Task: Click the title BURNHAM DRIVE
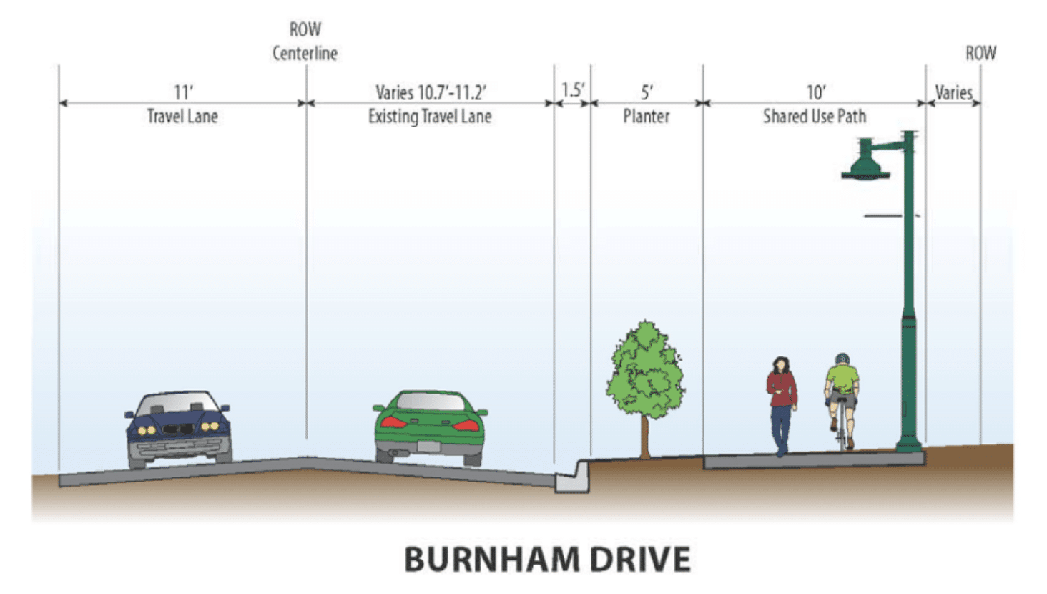(x=547, y=559)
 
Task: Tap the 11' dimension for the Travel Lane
(x=183, y=92)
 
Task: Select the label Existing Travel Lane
(x=430, y=117)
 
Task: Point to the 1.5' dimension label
(x=572, y=90)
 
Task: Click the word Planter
(x=646, y=117)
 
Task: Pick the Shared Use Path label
(x=814, y=117)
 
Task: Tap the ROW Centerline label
(x=305, y=42)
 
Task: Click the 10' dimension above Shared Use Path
(x=815, y=92)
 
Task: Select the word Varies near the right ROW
(x=953, y=92)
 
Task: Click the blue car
(x=179, y=428)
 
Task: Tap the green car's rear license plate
(x=428, y=447)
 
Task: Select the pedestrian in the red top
(x=781, y=404)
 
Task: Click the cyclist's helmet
(x=842, y=359)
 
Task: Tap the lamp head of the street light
(x=865, y=166)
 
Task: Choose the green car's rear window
(x=430, y=402)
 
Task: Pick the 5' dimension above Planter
(x=647, y=92)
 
